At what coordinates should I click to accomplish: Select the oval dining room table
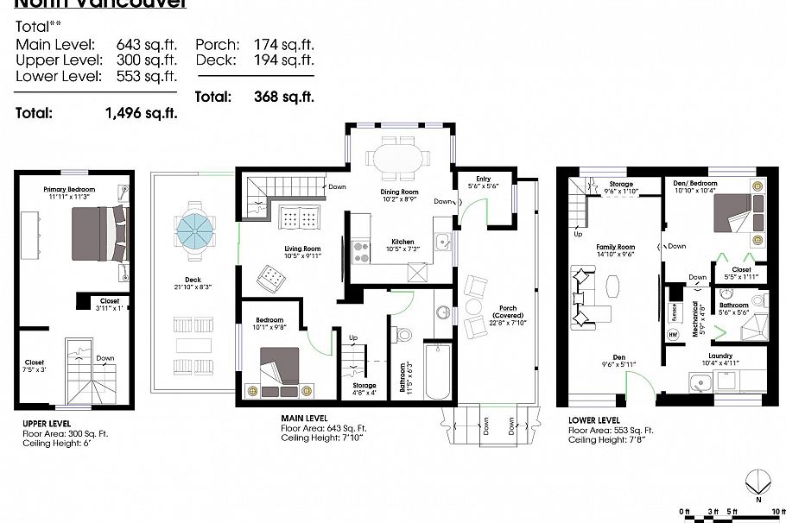397,159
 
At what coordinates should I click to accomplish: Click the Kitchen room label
402,242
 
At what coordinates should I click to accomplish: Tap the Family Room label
615,247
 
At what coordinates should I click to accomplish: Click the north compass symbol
757,480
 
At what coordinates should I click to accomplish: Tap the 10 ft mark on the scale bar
777,510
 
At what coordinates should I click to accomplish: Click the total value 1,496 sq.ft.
141,112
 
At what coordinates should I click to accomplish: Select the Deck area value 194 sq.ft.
283,60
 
